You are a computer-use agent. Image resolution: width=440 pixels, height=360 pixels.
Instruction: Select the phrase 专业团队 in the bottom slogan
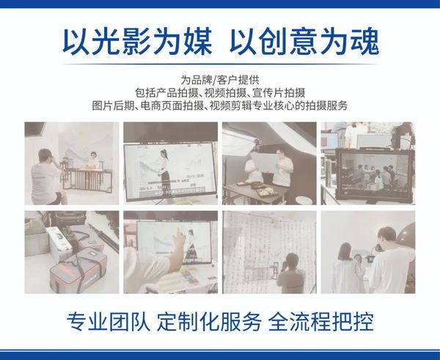108,322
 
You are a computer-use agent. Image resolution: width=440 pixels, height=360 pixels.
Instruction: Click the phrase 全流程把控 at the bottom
320,322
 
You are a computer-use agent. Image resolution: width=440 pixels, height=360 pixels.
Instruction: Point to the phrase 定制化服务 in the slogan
209,322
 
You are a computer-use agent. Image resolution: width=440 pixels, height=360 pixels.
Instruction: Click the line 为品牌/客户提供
220,80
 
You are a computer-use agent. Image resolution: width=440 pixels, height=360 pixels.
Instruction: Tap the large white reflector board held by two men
265,162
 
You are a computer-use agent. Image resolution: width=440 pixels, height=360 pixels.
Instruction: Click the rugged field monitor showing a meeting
375,175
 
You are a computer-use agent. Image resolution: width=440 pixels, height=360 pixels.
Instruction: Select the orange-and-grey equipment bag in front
78,271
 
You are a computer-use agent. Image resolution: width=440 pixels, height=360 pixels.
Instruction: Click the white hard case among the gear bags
59,243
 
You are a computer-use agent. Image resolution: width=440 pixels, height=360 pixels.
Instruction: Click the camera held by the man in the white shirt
378,248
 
